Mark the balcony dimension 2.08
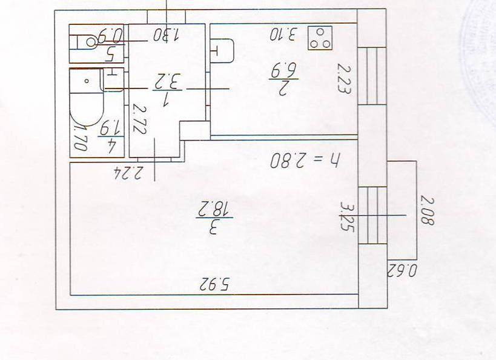coord(426,210)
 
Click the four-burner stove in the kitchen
coord(320,38)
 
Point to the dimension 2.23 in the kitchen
coord(345,79)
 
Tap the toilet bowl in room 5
coord(93,42)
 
